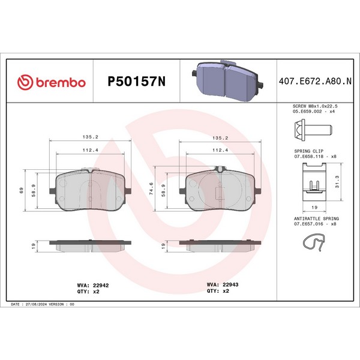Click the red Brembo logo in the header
(52, 82)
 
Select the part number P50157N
(136, 81)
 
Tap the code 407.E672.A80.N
(315, 81)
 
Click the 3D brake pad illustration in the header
(227, 81)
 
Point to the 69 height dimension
(22, 190)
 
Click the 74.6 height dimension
(151, 189)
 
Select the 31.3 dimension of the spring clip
(337, 182)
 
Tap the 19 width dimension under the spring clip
(314, 208)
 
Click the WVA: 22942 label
(93, 286)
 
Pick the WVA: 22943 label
(223, 284)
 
